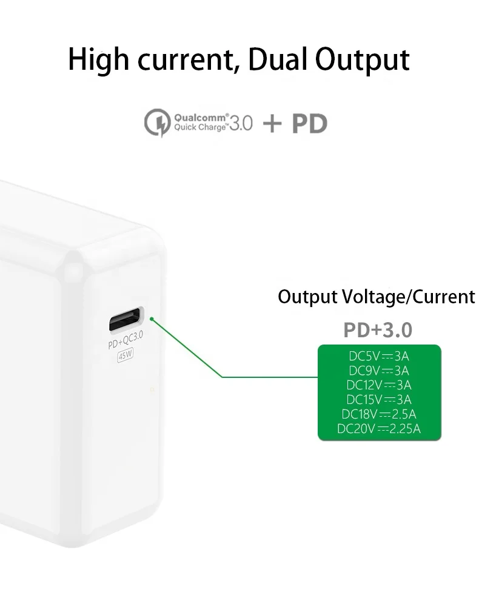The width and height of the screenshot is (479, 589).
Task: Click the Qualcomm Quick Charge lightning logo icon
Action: tap(157, 123)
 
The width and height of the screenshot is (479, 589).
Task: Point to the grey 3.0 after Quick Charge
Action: tap(241, 123)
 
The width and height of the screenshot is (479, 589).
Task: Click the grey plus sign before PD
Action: tap(272, 123)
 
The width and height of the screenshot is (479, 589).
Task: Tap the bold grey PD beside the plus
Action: tap(309, 123)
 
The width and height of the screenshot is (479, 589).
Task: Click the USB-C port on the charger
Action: tap(126, 319)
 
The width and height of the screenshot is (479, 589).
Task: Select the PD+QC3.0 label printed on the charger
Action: tap(126, 344)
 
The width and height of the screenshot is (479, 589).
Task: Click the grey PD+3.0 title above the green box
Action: tap(378, 330)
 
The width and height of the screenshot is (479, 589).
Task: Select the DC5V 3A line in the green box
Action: tap(379, 356)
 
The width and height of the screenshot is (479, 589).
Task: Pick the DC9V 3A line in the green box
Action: tap(379, 371)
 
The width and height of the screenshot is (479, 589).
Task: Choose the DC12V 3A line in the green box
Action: tap(379, 385)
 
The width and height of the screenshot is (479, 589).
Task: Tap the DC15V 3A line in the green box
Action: tap(379, 400)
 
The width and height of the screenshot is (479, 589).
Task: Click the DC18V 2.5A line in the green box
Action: tap(379, 415)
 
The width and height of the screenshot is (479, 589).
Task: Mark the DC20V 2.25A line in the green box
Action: tap(379, 429)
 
